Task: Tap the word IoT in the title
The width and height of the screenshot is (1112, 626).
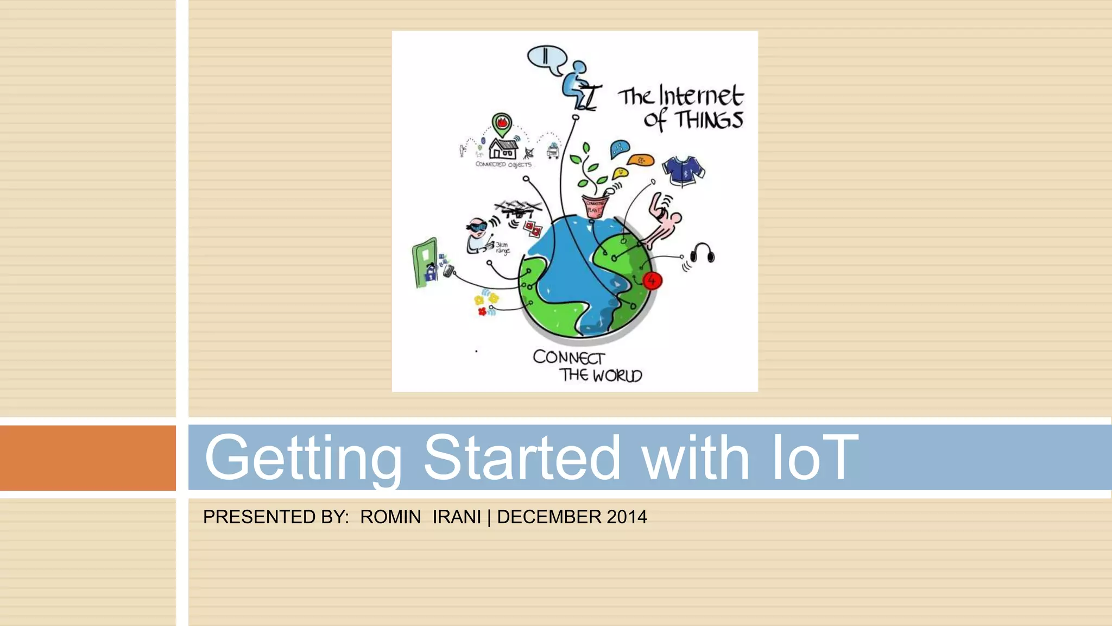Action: click(x=814, y=458)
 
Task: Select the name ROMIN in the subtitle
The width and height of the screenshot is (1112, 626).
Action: click(x=390, y=517)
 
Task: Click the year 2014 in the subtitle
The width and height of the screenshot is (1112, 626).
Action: click(x=627, y=517)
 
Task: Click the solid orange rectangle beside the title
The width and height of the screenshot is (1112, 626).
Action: click(x=87, y=458)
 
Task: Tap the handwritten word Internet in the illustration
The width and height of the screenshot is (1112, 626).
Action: click(x=700, y=96)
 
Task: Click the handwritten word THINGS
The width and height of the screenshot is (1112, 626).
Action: click(x=709, y=120)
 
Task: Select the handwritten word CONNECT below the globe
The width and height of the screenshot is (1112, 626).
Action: click(x=568, y=358)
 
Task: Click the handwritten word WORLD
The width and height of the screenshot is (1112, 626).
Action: click(x=617, y=375)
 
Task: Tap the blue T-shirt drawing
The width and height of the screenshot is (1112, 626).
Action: click(x=683, y=170)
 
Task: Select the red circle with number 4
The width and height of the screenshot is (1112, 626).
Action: click(x=652, y=280)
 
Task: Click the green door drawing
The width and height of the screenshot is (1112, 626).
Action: click(x=425, y=262)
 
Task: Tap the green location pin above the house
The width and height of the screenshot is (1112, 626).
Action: click(x=502, y=124)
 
